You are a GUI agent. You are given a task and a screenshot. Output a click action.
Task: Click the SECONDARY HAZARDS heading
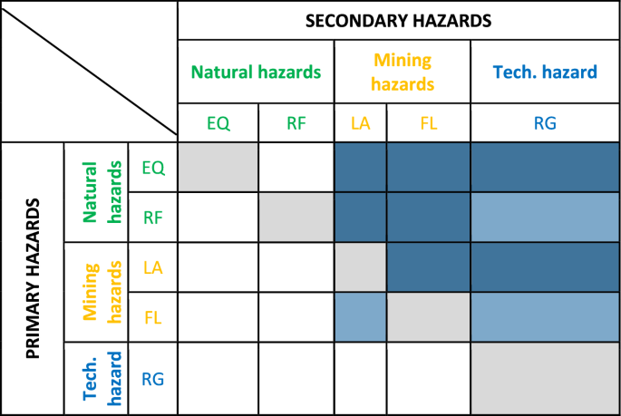click(398, 20)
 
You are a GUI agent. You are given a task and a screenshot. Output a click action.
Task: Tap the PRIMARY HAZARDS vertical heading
click(33, 279)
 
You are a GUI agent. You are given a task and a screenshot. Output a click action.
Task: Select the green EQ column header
click(218, 124)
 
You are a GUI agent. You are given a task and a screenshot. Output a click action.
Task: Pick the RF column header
click(296, 124)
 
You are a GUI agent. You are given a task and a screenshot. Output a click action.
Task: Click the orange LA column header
click(360, 124)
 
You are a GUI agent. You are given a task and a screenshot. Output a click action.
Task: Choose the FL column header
click(428, 124)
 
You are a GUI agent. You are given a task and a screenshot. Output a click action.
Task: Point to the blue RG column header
click(544, 124)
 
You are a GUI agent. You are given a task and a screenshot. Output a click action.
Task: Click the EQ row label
click(152, 167)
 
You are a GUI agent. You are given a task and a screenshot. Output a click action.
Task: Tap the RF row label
click(152, 218)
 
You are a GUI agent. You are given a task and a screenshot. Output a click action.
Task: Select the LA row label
click(152, 267)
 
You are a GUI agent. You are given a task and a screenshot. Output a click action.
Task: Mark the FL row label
click(152, 317)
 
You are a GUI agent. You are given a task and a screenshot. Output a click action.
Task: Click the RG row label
click(152, 378)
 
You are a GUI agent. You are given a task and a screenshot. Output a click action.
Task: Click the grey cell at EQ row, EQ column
click(218, 167)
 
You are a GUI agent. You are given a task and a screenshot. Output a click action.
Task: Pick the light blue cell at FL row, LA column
click(360, 317)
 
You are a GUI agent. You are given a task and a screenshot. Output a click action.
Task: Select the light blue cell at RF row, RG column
click(544, 218)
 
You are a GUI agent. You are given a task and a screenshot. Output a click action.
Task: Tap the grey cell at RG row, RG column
click(544, 378)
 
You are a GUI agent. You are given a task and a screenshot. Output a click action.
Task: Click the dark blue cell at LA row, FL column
click(428, 267)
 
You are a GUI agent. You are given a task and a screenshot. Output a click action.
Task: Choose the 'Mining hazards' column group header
click(402, 73)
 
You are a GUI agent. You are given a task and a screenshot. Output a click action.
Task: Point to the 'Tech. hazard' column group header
click(544, 73)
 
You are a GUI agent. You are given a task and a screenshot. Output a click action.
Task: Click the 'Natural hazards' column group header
click(256, 73)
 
